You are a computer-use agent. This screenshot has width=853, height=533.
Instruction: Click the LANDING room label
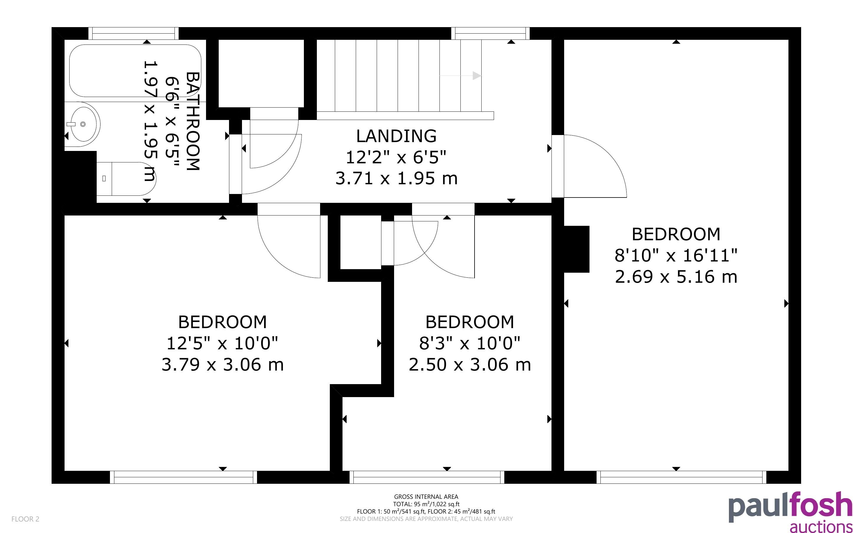click(396, 136)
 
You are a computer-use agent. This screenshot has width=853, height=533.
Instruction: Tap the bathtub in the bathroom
click(135, 70)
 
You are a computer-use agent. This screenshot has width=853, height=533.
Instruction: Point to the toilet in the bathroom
click(126, 179)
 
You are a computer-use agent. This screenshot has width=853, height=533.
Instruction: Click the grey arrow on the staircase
click(460, 75)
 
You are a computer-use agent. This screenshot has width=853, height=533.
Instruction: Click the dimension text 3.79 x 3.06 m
click(223, 364)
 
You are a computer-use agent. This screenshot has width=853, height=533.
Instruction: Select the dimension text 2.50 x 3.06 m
click(470, 364)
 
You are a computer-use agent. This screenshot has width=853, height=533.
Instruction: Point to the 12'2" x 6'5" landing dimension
click(396, 157)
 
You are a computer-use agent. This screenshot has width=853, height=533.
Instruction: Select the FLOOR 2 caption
click(25, 519)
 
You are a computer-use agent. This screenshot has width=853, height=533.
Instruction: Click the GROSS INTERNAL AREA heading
click(426, 497)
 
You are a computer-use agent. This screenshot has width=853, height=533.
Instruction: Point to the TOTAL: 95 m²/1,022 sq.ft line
click(426, 504)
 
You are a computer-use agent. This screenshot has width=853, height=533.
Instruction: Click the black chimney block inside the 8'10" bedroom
click(577, 249)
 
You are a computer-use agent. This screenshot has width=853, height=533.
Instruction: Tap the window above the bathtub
click(133, 34)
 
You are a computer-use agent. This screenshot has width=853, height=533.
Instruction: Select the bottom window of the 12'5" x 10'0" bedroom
click(184, 477)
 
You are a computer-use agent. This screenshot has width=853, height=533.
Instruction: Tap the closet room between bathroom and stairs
click(261, 73)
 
